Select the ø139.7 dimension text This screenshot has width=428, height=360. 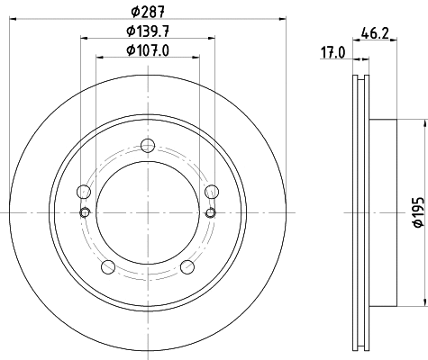click(149, 31)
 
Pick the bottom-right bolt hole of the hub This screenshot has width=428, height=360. click(187, 266)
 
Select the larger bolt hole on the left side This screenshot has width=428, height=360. click(85, 192)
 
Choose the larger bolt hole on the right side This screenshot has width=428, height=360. click(212, 192)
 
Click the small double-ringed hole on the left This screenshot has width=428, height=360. click(85, 212)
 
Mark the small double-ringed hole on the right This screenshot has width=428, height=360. click(212, 212)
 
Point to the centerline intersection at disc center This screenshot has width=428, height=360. click(148, 212)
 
